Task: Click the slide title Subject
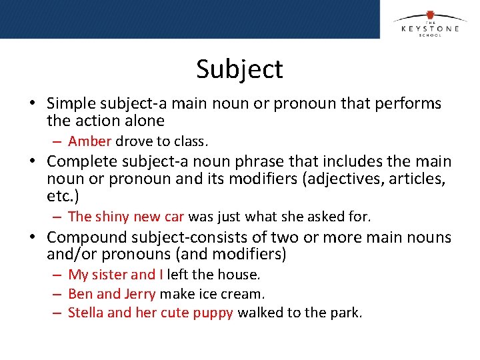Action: pyautogui.click(x=239, y=69)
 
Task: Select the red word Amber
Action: pyautogui.click(x=90, y=141)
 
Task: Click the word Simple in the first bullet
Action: pyautogui.click(x=69, y=103)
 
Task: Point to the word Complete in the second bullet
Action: pyautogui.click(x=78, y=162)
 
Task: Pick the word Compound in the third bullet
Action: pyautogui.click(x=83, y=237)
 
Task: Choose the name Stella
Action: pyautogui.click(x=85, y=313)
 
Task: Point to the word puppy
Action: pyautogui.click(x=214, y=313)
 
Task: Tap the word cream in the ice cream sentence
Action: pyautogui.click(x=244, y=294)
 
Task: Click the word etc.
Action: pyautogui.click(x=59, y=197)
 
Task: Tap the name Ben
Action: pyautogui.click(x=80, y=294)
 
